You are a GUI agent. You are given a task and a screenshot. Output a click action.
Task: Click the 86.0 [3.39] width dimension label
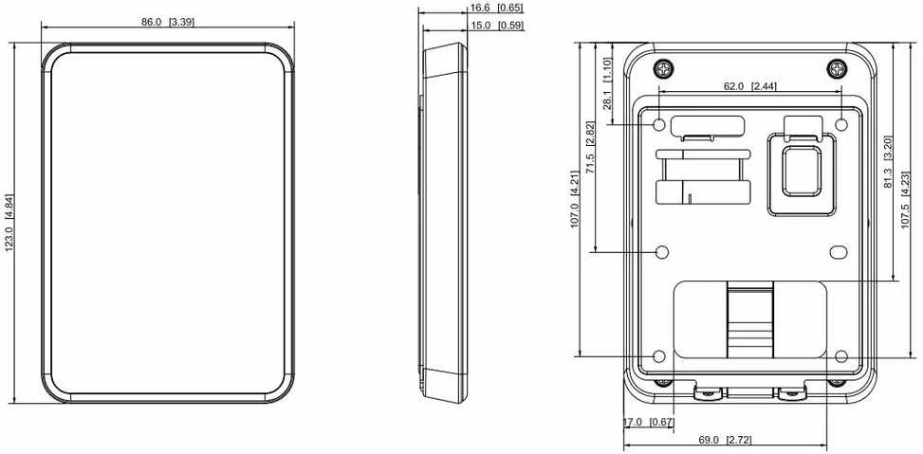click(x=168, y=23)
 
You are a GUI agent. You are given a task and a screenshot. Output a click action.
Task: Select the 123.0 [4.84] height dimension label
click(x=10, y=223)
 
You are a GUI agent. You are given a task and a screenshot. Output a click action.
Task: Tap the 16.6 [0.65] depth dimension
click(x=496, y=8)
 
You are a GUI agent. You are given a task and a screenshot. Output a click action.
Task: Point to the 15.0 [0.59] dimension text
click(x=496, y=26)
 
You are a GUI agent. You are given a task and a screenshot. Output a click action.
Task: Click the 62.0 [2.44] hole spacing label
click(x=749, y=86)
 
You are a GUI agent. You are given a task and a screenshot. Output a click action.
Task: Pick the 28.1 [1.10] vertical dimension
click(x=607, y=83)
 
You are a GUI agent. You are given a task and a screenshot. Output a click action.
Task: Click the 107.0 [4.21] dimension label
click(x=575, y=199)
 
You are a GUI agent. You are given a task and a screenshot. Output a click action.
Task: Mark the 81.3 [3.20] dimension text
click(x=888, y=162)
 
